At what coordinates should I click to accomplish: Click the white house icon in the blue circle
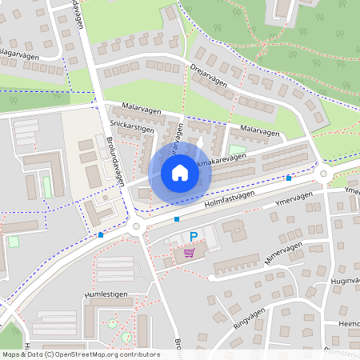(179, 173)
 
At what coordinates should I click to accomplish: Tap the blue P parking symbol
(193, 237)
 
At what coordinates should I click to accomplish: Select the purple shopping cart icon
(189, 253)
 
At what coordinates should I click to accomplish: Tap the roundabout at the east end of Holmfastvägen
(325, 174)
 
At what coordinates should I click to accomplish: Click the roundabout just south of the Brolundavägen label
(136, 227)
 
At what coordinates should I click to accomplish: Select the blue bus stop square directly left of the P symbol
(176, 218)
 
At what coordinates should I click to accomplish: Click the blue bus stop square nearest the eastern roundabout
(289, 178)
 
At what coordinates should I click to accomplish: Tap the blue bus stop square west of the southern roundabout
(101, 235)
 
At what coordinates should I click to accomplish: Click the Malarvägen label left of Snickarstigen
(142, 106)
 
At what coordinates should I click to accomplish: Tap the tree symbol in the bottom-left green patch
(14, 330)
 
